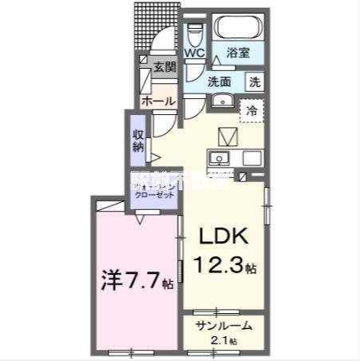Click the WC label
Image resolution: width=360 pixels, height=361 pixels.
click(x=196, y=54)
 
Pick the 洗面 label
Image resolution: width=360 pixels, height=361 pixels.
click(x=220, y=81)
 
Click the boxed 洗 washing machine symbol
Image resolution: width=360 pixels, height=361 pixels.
click(x=253, y=81)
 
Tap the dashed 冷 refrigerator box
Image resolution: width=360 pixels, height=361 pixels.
click(x=252, y=112)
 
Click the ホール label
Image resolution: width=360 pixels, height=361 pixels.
click(x=158, y=101)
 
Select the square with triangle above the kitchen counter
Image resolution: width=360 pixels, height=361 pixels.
click(x=227, y=135)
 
